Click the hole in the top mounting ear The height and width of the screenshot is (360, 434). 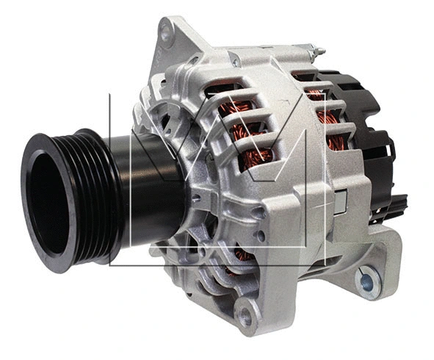pos(167,32)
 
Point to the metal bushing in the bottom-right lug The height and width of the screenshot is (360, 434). pos(367,279)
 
